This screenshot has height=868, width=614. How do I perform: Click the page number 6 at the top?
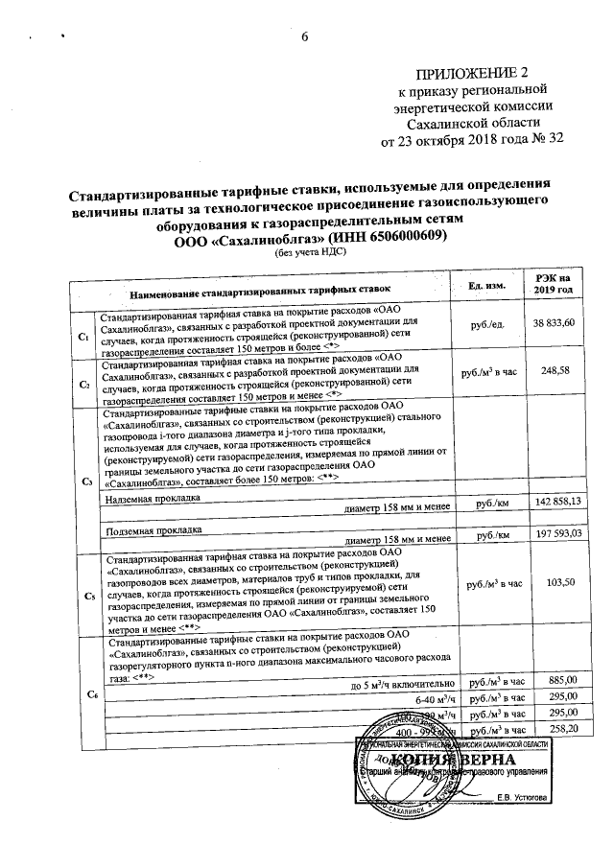coord(306,37)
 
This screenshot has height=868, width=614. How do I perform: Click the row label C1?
coord(83,337)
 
